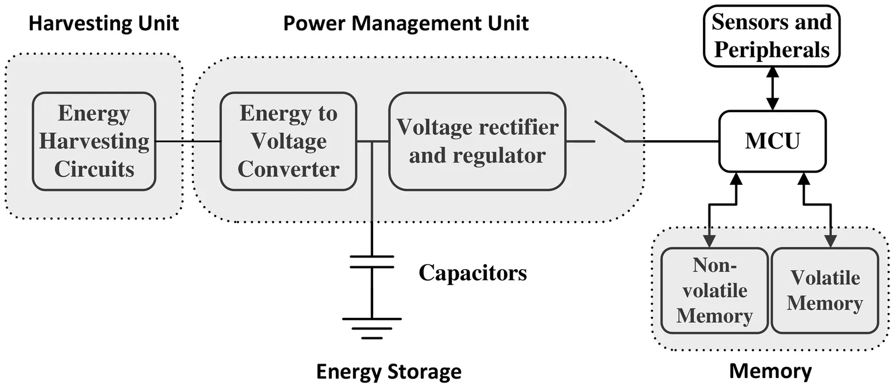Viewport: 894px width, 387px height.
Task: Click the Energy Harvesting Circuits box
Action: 94,141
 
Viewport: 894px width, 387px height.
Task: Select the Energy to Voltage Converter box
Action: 288,141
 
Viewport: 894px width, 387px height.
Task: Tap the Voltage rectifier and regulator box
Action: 477,141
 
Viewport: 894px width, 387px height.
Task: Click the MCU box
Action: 772,141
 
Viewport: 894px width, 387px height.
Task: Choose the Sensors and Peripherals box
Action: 772,36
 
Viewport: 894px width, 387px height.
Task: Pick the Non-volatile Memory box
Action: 715,290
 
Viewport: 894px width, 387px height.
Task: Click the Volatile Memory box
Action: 825,290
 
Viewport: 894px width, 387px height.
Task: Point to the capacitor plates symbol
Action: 372,261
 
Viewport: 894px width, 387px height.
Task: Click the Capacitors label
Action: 473,273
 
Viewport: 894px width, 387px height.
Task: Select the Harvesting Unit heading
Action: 104,23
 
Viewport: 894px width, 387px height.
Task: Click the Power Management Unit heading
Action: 406,23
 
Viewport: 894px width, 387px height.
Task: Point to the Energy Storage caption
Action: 389,371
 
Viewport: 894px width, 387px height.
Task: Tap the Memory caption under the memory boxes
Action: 771,371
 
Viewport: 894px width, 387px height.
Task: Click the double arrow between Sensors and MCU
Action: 772,88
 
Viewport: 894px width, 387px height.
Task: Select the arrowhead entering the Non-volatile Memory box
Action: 710,241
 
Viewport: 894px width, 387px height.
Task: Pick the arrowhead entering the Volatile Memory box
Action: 831,241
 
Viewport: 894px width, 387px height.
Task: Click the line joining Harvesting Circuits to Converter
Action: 188,141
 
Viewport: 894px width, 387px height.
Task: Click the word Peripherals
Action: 772,50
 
